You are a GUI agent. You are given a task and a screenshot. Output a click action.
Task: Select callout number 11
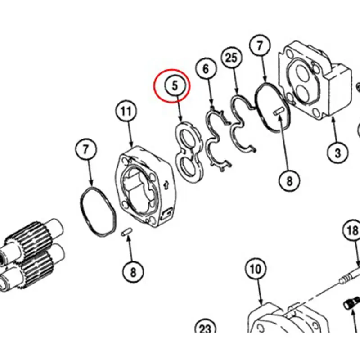[126, 111]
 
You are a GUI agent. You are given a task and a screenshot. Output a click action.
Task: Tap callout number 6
[206, 69]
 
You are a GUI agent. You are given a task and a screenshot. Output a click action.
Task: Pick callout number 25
[231, 58]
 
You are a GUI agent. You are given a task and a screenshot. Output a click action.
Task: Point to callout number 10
[255, 270]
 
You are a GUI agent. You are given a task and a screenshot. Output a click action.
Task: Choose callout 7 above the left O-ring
[86, 149]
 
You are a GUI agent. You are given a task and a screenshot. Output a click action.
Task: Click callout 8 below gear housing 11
[133, 271]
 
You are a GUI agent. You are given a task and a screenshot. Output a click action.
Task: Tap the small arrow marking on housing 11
[166, 184]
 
